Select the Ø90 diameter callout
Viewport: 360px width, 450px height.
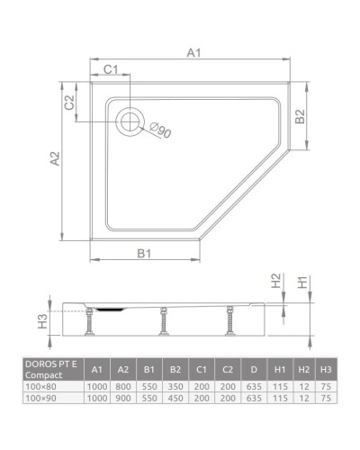[x=160, y=131]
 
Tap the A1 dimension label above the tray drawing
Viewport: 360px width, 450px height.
[x=193, y=54]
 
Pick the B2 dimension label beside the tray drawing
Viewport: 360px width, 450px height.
[x=302, y=116]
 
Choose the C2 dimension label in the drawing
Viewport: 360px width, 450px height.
[x=68, y=102]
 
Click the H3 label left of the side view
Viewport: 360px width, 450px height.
[x=41, y=319]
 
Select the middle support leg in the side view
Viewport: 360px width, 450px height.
[x=163, y=321]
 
